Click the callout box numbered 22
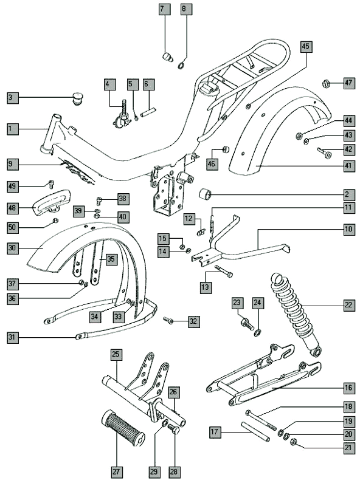pos(348,305)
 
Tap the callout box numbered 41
pos(348,165)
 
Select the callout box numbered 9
pos(13,164)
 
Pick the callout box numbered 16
pos(348,388)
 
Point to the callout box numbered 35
pos(111,259)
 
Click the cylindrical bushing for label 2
pos(205,194)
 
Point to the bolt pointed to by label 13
pos(223,271)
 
